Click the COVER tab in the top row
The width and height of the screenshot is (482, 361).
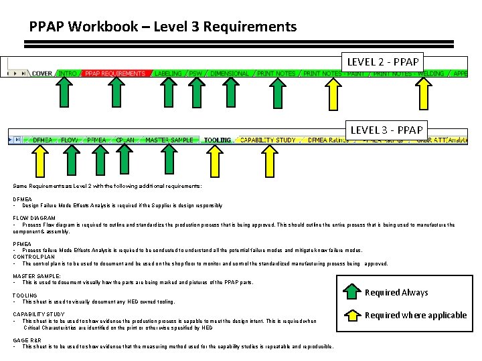coord(42,74)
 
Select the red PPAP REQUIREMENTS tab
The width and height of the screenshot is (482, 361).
coord(115,74)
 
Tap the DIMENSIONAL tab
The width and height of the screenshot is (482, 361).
coord(230,74)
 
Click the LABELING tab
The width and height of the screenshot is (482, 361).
coord(167,74)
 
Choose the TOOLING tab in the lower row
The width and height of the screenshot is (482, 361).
coord(218,140)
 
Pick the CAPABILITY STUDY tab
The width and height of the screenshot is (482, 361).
coord(268,140)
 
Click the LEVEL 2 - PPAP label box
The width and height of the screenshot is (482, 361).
coord(383,62)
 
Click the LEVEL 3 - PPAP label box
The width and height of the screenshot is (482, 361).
coord(383,129)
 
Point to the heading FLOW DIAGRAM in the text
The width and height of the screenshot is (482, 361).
coord(33,218)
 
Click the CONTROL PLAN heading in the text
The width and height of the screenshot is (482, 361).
coord(33,256)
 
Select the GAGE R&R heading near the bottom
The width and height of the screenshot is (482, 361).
coord(29,340)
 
